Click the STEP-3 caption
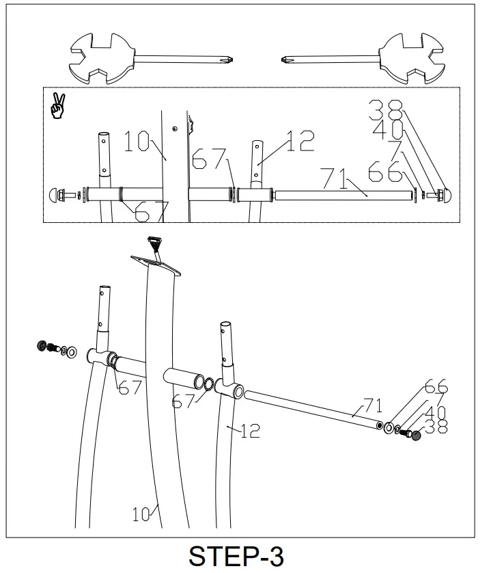[236, 555]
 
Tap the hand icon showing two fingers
[58, 107]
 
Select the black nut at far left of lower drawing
[42, 345]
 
